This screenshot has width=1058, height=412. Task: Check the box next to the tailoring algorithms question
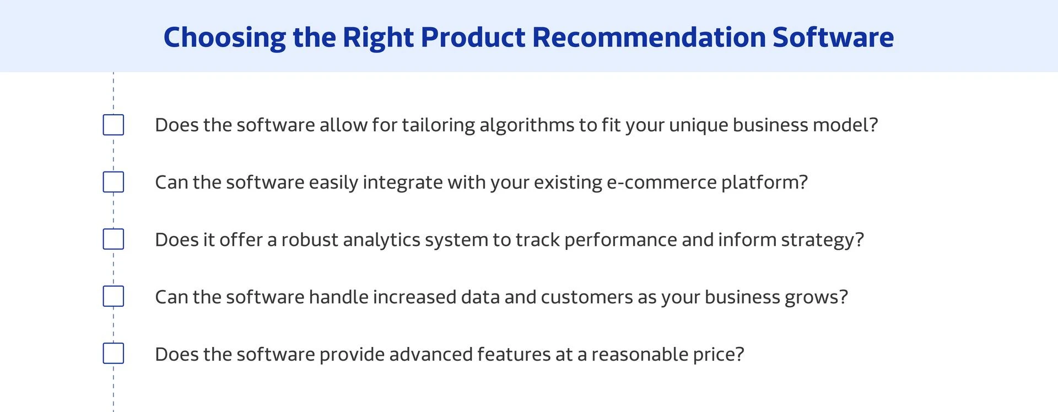(114, 125)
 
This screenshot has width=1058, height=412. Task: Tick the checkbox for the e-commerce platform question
(114, 182)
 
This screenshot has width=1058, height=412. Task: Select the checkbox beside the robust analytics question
(114, 239)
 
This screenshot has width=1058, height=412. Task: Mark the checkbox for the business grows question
(114, 297)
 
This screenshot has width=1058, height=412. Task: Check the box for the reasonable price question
(114, 354)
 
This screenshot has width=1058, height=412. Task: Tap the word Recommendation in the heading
(649, 38)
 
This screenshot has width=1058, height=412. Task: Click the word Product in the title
(473, 38)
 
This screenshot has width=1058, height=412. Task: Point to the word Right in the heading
(378, 38)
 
